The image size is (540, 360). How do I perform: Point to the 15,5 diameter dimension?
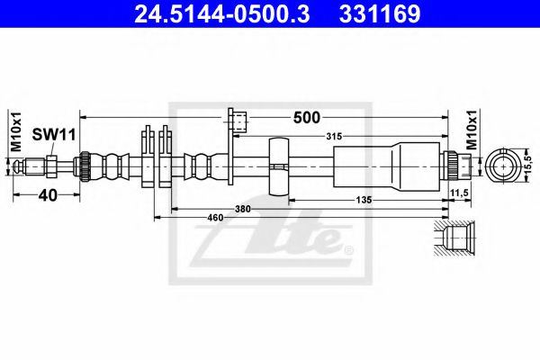point(528,167)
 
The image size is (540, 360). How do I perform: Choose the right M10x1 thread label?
point(473,132)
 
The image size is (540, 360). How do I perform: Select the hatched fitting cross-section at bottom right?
point(457,239)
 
